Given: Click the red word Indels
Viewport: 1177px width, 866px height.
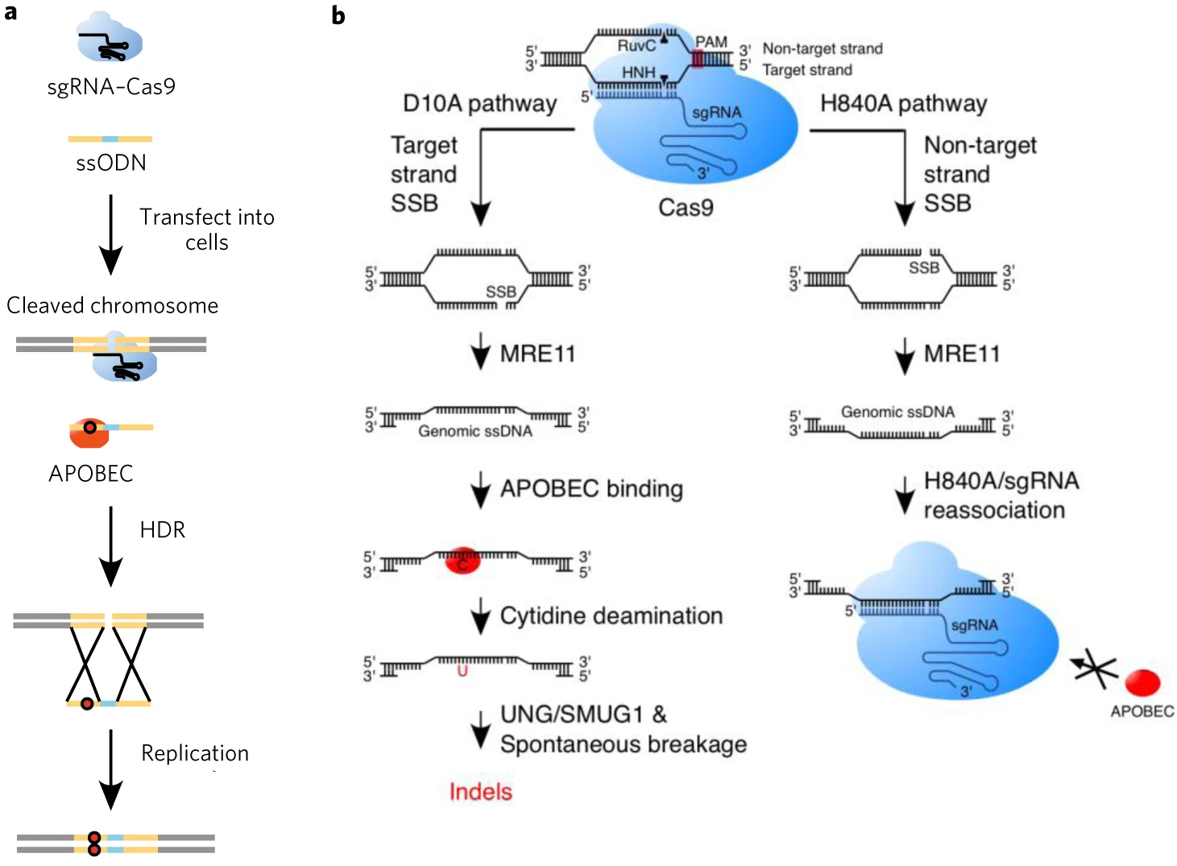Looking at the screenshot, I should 480,792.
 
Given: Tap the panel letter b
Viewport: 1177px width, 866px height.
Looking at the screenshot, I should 338,15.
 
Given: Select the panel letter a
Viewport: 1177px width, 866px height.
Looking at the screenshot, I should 10,12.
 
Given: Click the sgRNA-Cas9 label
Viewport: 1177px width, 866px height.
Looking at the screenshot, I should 111,87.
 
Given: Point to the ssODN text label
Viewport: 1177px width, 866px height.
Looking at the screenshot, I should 111,163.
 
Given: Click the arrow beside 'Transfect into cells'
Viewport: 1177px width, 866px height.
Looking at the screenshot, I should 111,234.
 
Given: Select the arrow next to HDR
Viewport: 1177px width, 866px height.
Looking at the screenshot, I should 111,546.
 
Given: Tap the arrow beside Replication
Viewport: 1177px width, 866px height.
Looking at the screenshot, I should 111,769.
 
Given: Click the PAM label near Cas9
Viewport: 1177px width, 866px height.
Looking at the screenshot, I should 711,42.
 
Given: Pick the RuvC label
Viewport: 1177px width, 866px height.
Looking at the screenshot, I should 636,46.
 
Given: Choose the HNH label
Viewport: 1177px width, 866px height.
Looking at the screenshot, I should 639,73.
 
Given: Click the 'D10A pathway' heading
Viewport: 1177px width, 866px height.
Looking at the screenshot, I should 480,104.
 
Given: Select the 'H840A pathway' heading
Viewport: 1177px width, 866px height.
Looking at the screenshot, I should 903,104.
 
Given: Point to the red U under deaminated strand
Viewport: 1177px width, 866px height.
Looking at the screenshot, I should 462,669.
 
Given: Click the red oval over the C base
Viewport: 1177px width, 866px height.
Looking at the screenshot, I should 463,560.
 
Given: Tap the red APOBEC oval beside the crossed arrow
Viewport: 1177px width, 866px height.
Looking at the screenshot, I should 1142,682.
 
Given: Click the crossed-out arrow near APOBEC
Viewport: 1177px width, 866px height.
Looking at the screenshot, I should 1094,667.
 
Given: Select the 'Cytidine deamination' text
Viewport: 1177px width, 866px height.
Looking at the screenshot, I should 611,616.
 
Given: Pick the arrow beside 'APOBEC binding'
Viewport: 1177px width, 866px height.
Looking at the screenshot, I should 480,490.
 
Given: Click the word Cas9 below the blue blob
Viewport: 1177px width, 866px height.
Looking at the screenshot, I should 686,208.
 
